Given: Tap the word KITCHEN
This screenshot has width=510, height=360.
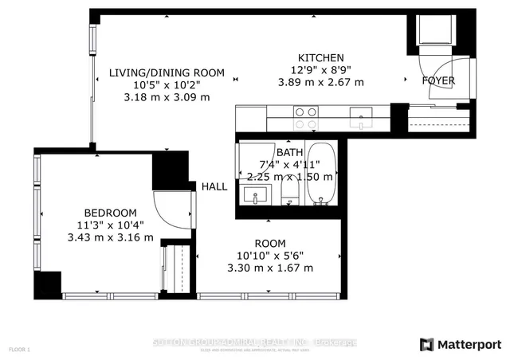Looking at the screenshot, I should (320, 58).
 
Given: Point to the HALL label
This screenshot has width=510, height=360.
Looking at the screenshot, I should (214, 187).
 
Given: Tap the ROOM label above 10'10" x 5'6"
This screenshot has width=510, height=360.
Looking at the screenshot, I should (270, 244).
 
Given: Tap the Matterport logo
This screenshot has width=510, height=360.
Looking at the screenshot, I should (460, 343).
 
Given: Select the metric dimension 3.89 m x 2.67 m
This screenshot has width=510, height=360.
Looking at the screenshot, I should (320, 82).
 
